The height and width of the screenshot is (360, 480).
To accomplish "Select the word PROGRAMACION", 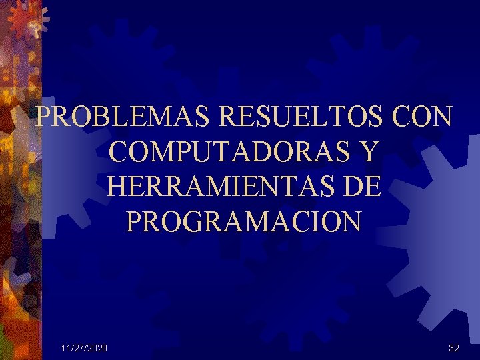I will pos(243,221).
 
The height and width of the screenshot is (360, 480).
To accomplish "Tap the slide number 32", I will pos(454,348).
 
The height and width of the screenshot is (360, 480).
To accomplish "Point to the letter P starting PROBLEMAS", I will pos(44,117).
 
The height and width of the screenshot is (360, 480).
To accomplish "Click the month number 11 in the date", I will pos(64,348).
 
